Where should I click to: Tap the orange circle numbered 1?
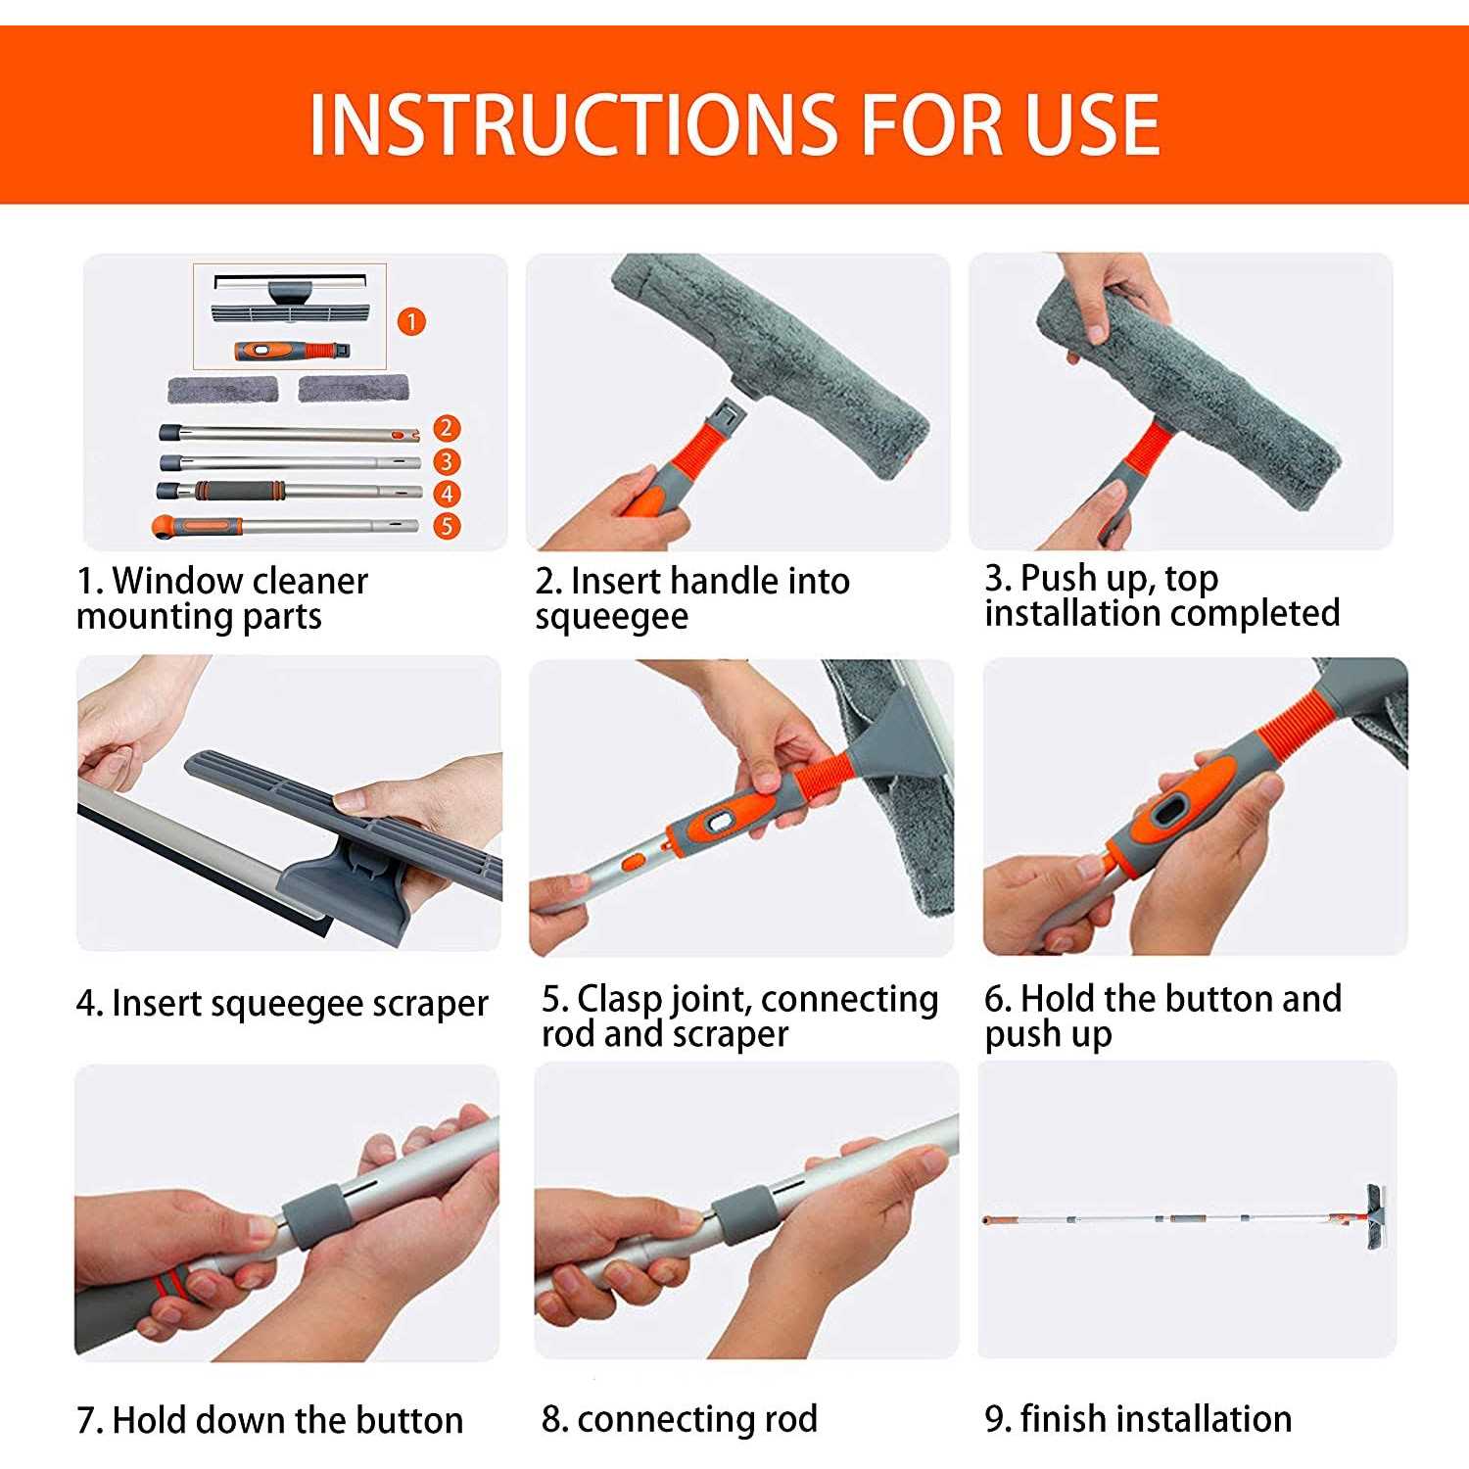point(412,321)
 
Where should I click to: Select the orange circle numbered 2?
point(447,428)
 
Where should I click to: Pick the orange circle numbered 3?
point(447,461)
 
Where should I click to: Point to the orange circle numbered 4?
point(447,494)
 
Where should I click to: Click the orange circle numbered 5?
point(447,526)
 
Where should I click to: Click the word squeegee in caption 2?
point(612,618)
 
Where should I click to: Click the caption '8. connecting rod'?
point(680,1419)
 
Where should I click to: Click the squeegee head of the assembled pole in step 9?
point(1376,1218)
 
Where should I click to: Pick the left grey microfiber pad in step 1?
point(223,390)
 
